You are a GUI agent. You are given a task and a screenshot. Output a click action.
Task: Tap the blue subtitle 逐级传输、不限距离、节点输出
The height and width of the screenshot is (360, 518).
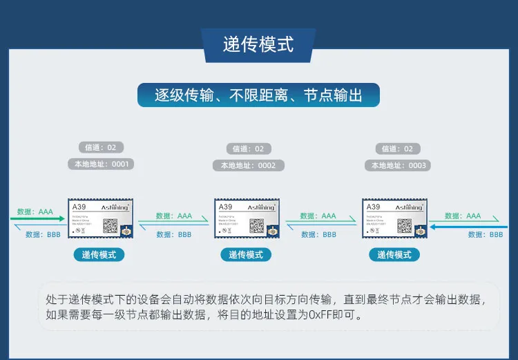tap(258, 95)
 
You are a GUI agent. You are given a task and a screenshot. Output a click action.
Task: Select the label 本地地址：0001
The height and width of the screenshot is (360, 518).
tap(101, 164)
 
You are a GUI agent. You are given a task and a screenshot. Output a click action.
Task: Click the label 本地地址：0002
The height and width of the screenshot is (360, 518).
tap(248, 166)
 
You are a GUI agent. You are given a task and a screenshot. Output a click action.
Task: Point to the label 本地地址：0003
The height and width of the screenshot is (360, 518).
tap(399, 166)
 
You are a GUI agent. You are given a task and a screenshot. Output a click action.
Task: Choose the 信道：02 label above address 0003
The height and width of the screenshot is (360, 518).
tap(399, 149)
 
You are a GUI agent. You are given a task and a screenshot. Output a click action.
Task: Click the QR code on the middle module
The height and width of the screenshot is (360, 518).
tap(257, 225)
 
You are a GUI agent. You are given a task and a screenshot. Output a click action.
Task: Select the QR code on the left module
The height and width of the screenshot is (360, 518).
tap(110, 225)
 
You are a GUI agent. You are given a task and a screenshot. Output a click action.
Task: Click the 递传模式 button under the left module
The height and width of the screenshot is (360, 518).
tap(99, 255)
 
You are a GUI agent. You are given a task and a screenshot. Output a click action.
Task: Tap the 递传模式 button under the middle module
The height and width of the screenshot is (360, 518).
tap(247, 255)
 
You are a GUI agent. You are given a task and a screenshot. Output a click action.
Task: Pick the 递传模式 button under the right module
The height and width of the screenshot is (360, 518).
tap(394, 255)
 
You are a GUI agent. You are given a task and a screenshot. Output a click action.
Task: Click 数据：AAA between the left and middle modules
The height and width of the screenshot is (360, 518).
tap(174, 216)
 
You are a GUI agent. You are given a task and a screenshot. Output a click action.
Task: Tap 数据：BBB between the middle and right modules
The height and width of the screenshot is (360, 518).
tap(319, 235)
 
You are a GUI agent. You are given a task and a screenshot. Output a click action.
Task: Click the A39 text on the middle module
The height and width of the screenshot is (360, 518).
tap(225, 207)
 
